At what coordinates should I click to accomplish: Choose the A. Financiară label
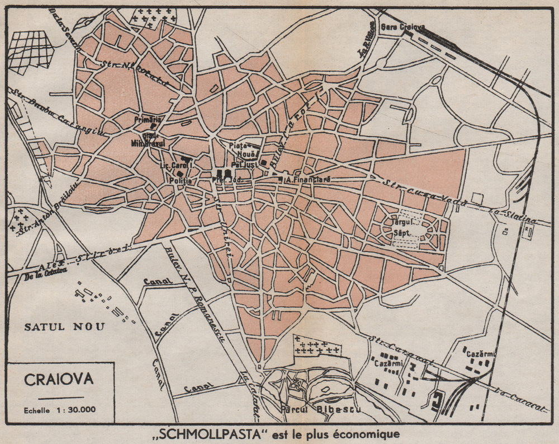[x=308, y=180]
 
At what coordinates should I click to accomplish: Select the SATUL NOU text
[x=64, y=327]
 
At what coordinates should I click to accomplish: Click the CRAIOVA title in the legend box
[x=59, y=379]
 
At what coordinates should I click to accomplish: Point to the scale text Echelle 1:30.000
[x=60, y=409]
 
